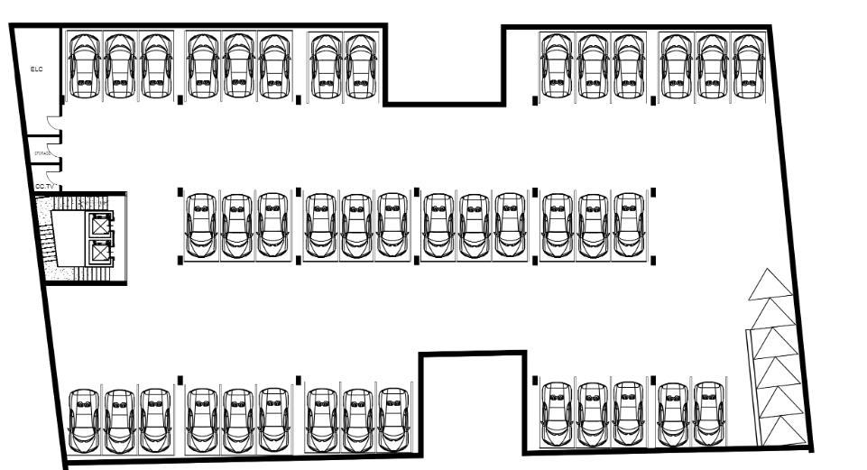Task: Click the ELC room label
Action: (x=37, y=69)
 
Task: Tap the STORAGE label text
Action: (x=42, y=154)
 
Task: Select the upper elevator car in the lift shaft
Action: (x=99, y=225)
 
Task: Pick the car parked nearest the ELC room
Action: (x=84, y=66)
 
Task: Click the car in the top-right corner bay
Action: (x=746, y=66)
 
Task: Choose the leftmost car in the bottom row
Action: (x=84, y=420)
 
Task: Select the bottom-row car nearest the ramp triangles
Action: (x=710, y=414)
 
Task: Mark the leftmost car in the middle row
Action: (x=200, y=226)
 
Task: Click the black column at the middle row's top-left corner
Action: (x=180, y=191)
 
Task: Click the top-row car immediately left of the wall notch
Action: (x=360, y=66)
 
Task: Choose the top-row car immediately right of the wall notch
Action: (x=557, y=66)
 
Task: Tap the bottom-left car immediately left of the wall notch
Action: (x=393, y=420)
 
